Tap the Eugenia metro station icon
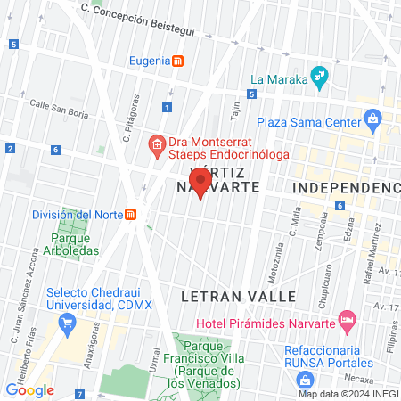[179, 61]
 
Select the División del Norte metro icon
[130, 214]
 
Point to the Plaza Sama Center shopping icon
[372, 118]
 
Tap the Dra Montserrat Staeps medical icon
[156, 143]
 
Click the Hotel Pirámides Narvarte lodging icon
[348, 318]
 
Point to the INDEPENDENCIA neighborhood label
[347, 188]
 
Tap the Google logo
[29, 389]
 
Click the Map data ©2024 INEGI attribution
[347, 393]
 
